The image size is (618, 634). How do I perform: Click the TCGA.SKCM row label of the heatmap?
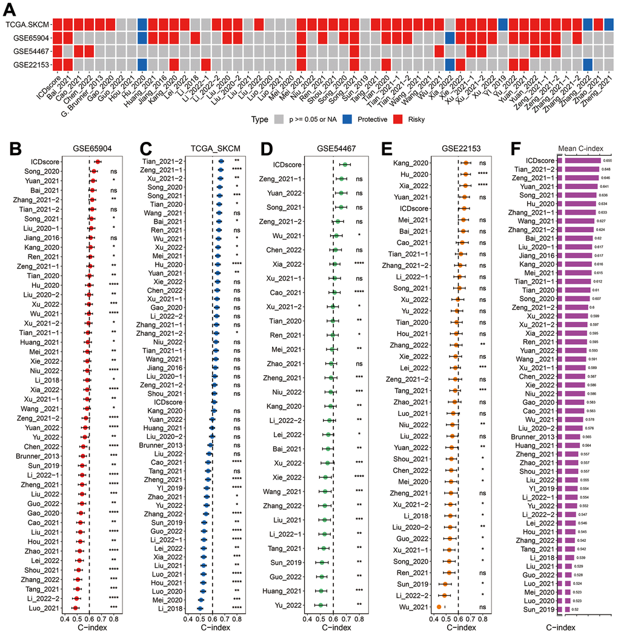coord(27,24)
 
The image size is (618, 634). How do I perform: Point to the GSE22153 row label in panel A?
coord(30,64)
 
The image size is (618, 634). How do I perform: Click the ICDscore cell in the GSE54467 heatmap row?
coord(56,50)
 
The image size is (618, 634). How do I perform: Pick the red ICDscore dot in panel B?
coord(98,162)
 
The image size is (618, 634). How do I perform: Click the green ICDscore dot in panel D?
coord(345,164)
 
